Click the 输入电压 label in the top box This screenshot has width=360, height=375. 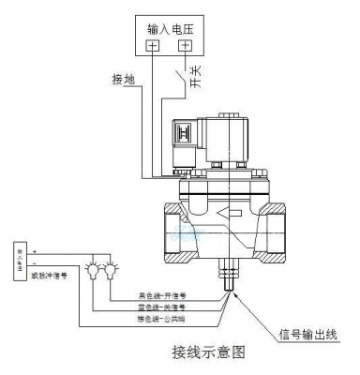click(171, 25)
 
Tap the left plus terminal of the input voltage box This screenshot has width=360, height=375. click(153, 45)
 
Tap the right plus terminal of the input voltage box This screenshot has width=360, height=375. click(186, 45)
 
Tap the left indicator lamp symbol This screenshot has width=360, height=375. click(95, 272)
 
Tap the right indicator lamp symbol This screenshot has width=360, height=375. click(112, 272)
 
